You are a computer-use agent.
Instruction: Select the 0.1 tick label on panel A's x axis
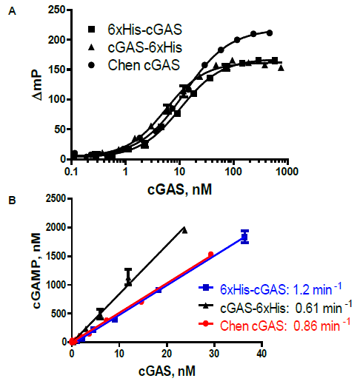[72, 171]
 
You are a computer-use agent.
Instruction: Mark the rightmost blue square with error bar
[244, 237]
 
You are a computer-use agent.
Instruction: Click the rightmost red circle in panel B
[211, 255]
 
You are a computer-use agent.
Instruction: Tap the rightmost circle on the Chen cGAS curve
[269, 33]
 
